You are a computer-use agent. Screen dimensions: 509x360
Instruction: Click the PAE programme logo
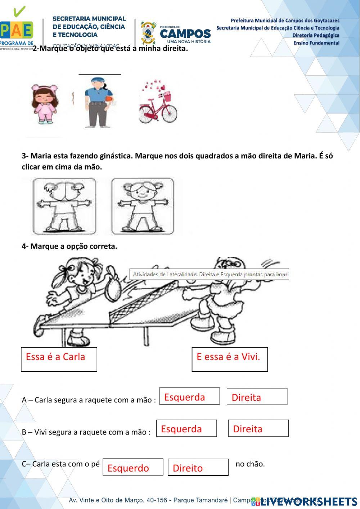[x=17, y=29]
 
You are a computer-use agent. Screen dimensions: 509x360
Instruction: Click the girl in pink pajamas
[x=45, y=104]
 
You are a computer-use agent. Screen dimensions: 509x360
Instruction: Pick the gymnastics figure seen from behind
[x=64, y=206]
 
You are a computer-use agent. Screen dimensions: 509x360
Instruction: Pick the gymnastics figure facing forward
[x=142, y=206]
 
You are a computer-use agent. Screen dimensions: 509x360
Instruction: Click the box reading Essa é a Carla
[x=59, y=359]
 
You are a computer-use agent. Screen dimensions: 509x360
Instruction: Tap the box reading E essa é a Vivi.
[x=230, y=359]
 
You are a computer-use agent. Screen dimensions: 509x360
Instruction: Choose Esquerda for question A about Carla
[x=189, y=396]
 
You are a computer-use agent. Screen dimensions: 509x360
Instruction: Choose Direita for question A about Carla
[x=257, y=397]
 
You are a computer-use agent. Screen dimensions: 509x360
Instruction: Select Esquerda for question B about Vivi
[x=186, y=428]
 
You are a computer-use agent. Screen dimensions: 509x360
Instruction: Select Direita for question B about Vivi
[x=258, y=428]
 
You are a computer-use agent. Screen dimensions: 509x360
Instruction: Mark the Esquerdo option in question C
[x=133, y=467]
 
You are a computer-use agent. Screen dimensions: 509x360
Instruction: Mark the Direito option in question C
[x=198, y=467]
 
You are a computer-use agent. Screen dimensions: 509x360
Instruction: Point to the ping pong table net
[x=151, y=310]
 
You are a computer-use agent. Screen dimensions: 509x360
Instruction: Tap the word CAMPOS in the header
[x=185, y=34]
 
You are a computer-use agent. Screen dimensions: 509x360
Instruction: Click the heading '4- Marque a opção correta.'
[x=69, y=246]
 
